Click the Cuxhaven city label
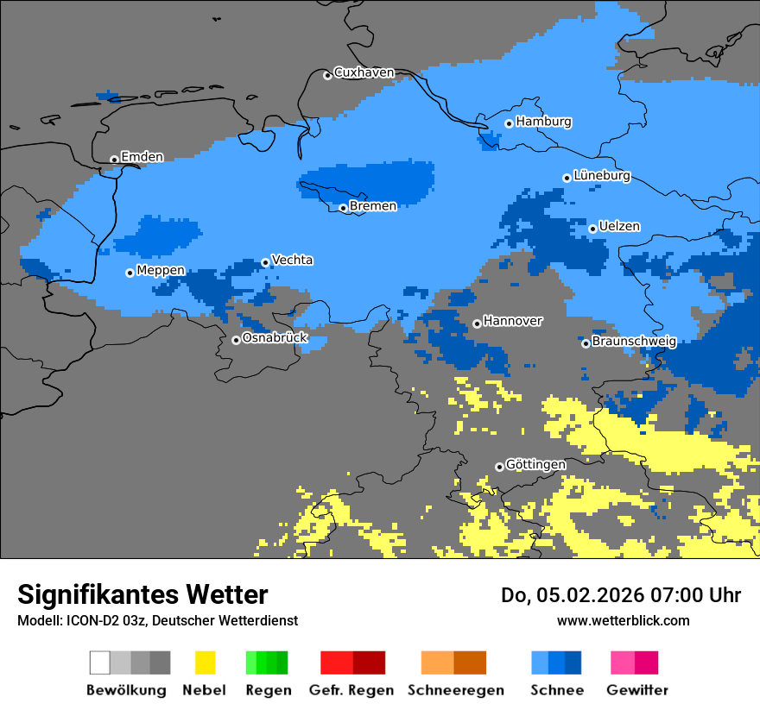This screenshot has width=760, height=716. click(x=364, y=72)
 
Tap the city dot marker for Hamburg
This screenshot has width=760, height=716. click(x=510, y=123)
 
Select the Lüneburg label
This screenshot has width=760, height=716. click(x=601, y=176)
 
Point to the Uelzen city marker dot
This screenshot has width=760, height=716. click(x=592, y=229)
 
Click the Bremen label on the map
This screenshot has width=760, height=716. click(x=373, y=206)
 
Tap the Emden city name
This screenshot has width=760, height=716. click(x=142, y=157)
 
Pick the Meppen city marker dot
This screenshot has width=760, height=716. click(x=130, y=273)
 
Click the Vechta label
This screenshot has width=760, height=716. click(x=292, y=260)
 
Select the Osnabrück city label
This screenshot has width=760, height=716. click(x=275, y=338)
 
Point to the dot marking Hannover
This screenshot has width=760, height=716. click(x=477, y=323)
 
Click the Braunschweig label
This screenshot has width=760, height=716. click(x=634, y=342)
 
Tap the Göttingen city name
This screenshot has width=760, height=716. click(x=535, y=465)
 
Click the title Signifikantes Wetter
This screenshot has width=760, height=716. click(x=142, y=594)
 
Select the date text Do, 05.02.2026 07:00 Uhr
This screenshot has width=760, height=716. click(x=621, y=595)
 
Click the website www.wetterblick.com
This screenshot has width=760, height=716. click(x=623, y=620)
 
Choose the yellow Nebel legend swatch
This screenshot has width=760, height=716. click(x=205, y=663)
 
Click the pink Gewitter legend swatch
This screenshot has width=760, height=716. click(x=623, y=663)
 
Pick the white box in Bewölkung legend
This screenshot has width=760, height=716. click(x=99, y=663)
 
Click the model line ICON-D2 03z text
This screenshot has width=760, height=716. click(x=157, y=620)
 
